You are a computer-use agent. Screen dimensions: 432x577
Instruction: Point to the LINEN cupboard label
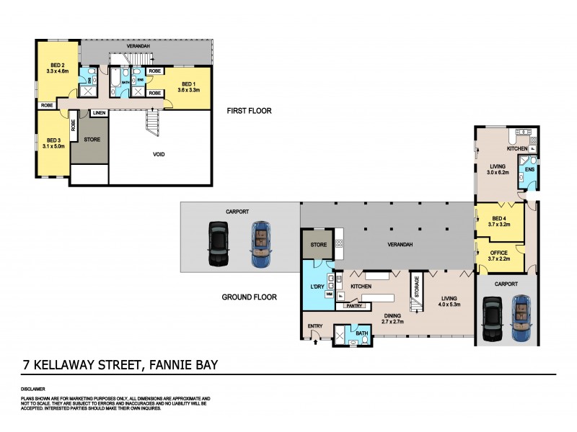[99, 113]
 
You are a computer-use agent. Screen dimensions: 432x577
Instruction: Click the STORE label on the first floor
[92, 138]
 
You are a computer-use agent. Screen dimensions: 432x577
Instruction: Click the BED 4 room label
[499, 221]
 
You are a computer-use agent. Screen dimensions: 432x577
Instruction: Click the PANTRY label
[353, 305]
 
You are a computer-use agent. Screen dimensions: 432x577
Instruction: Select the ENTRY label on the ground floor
[315, 326]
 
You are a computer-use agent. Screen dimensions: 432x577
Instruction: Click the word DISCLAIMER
[34, 389]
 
